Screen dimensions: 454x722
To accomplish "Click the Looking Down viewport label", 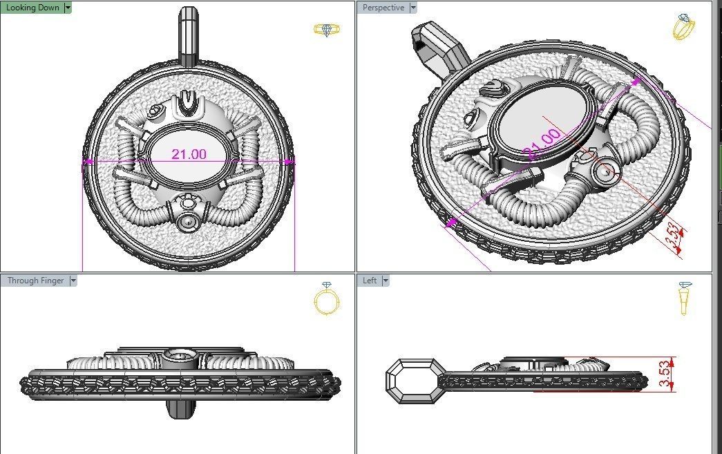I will coord(32,8).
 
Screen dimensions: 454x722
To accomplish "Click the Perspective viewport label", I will coord(383,8).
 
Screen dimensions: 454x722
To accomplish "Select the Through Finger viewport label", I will coord(35,281).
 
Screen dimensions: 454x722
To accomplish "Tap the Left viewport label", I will coord(370,281).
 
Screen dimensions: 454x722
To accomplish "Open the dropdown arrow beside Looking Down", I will coord(67,8).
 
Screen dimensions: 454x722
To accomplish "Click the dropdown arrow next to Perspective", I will coord(413,8).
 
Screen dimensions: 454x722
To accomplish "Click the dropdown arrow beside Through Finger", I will coord(73,281).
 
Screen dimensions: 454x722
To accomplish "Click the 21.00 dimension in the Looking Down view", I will coord(189,154).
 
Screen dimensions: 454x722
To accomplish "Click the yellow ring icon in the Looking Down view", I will coord(326,30).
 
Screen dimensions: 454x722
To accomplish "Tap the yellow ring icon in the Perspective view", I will coord(684,27).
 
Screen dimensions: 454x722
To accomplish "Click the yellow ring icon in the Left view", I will coord(685,298).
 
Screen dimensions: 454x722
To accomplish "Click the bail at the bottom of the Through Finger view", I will coord(180,408).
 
